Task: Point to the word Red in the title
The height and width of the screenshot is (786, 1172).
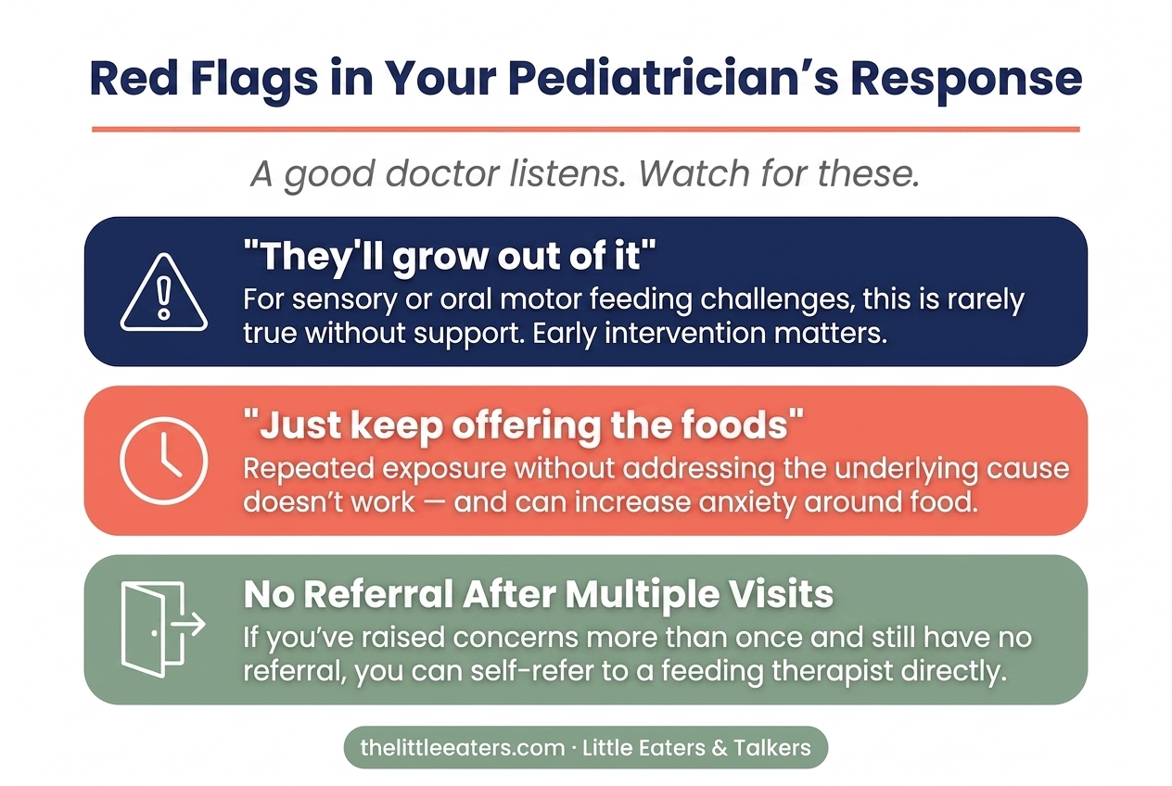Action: click(134, 79)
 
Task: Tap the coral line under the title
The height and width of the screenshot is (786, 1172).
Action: click(586, 129)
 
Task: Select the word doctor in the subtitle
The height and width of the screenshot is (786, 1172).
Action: click(442, 173)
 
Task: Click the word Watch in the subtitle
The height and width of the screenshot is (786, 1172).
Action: click(694, 173)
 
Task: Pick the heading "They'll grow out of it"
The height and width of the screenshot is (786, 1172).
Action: click(450, 256)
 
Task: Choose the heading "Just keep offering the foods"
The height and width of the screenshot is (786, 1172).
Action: click(523, 425)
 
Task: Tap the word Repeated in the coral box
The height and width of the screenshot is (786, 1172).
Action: click(309, 469)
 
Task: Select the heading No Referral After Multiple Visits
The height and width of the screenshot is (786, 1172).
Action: click(539, 594)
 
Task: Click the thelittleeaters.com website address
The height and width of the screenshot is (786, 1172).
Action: click(463, 747)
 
